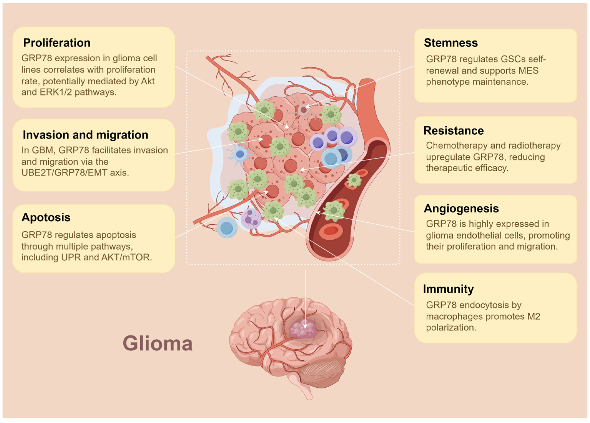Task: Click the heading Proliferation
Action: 57,43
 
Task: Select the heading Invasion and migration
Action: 85,135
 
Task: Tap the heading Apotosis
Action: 46,217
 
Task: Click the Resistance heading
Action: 453,130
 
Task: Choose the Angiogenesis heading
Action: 461,208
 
